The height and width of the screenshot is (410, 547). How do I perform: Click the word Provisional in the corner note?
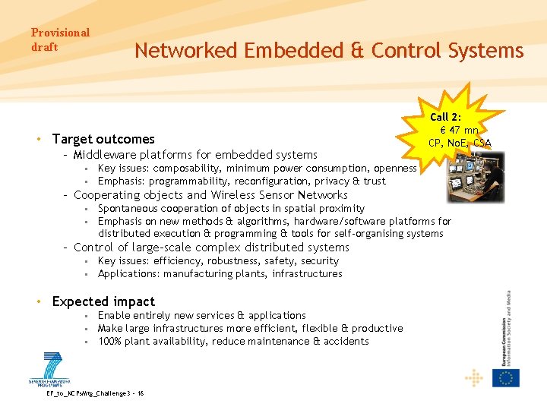coord(60,33)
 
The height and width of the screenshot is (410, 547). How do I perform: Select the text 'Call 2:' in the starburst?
coord(446,117)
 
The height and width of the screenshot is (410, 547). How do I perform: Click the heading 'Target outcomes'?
coord(103,139)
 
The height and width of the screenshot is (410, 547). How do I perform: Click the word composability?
coord(187,168)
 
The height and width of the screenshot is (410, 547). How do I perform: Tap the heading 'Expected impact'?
coord(103,301)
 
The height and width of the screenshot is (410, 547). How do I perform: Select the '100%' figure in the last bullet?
coord(111,342)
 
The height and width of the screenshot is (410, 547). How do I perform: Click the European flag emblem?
coord(505,377)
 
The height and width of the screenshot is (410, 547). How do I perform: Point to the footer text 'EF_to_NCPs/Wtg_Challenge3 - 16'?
coord(96,393)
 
